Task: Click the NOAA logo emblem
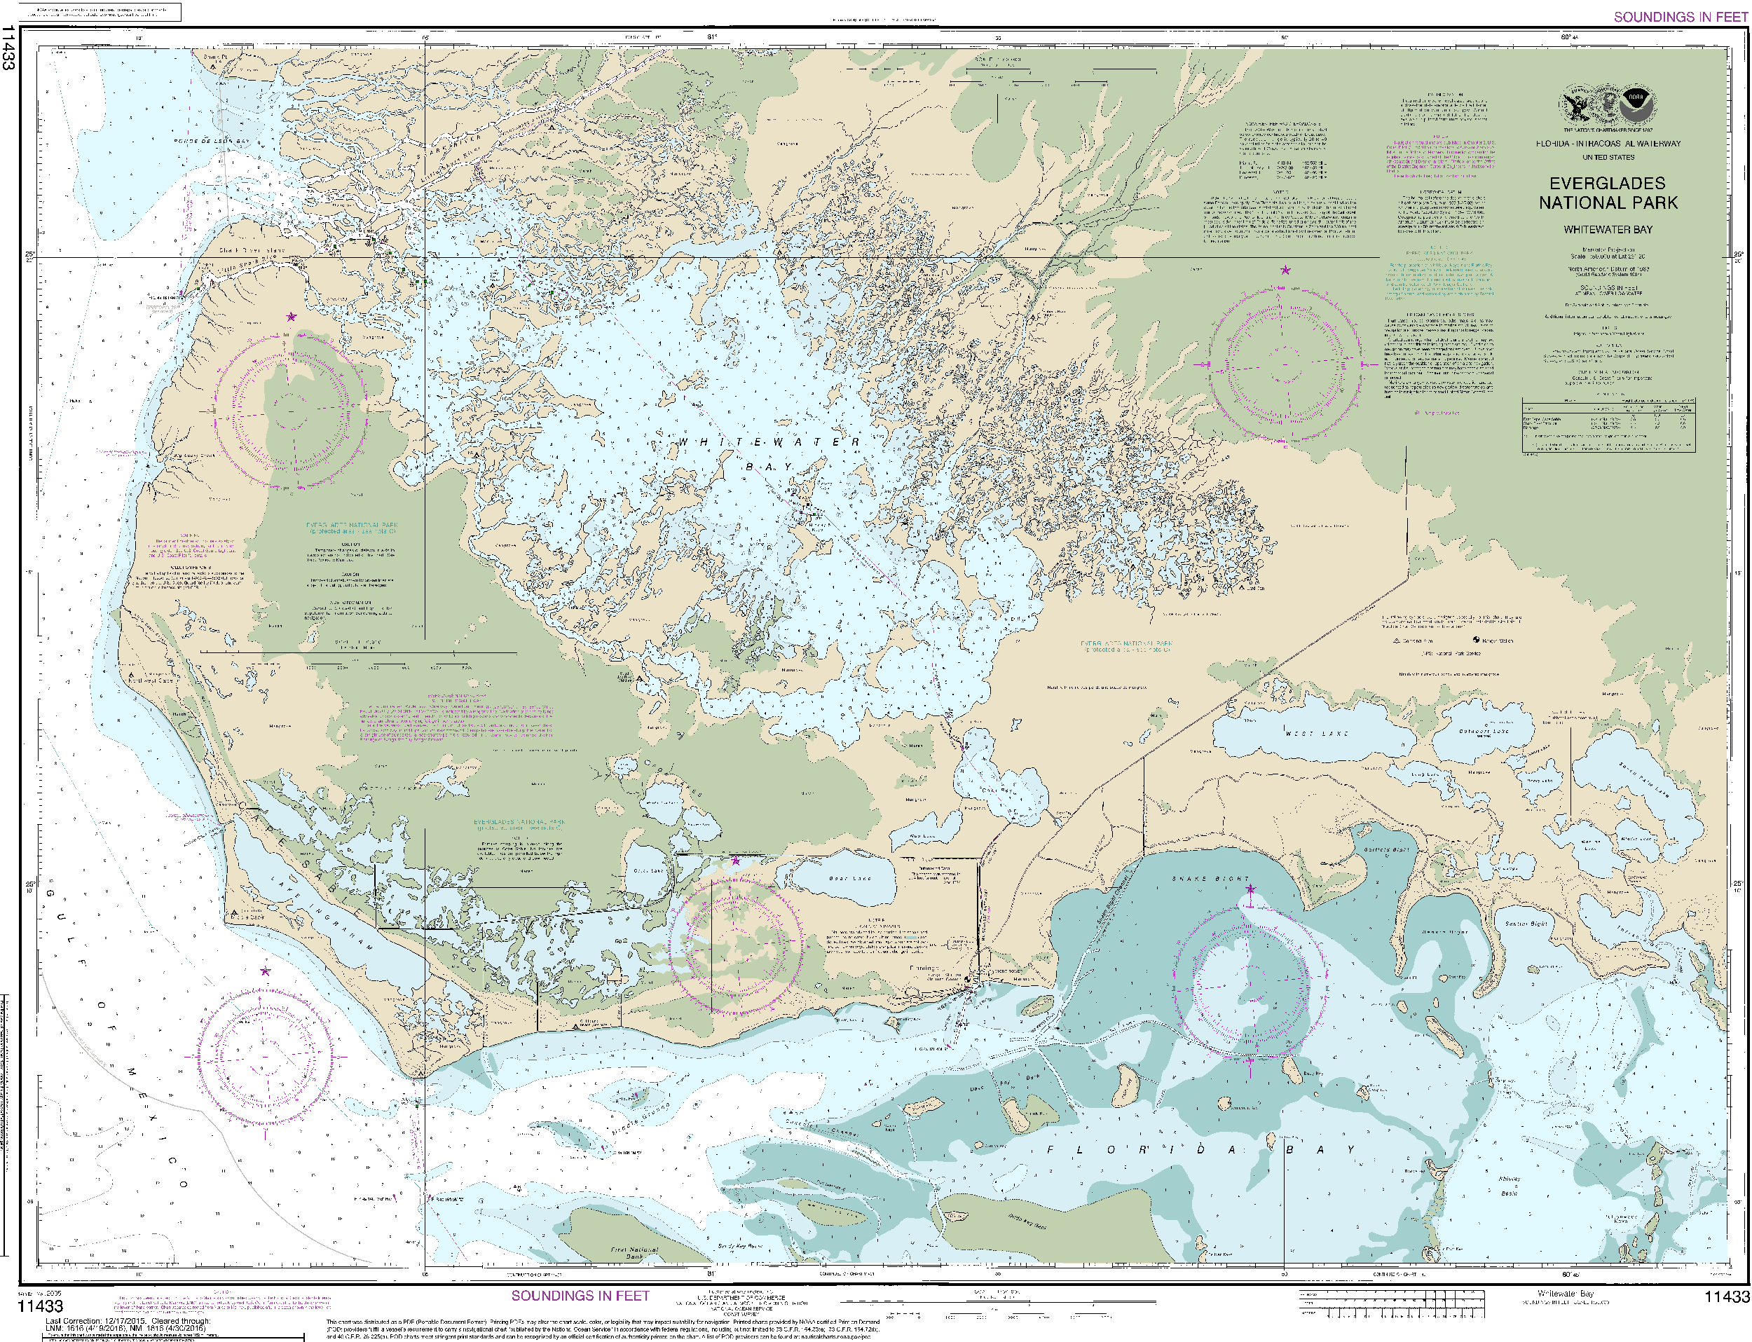pyautogui.click(x=1637, y=104)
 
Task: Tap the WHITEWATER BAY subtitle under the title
pyautogui.click(x=1608, y=229)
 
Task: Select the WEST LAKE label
pyautogui.click(x=1316, y=732)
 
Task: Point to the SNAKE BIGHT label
pyautogui.click(x=1210, y=879)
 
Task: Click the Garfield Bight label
pyautogui.click(x=1386, y=850)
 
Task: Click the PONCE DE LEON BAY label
pyautogui.click(x=212, y=142)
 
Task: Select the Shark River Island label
pyautogui.click(x=252, y=250)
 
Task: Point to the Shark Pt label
pyautogui.click(x=214, y=57)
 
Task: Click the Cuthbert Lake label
pyautogui.click(x=1484, y=732)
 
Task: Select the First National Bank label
pyautogui.click(x=634, y=1252)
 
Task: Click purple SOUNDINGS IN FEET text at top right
pyautogui.click(x=1680, y=17)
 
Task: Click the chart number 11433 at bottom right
pyautogui.click(x=1727, y=1296)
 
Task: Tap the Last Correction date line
pyautogui.click(x=128, y=1320)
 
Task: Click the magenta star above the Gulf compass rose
pyautogui.click(x=265, y=971)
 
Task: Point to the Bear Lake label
pyautogui.click(x=849, y=878)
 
